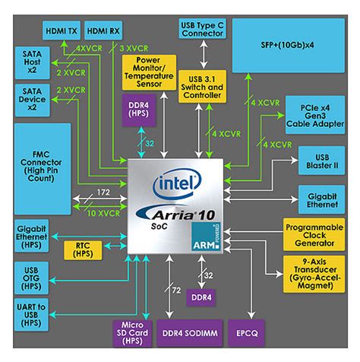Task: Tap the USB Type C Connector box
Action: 202,29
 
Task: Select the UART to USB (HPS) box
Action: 29,315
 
